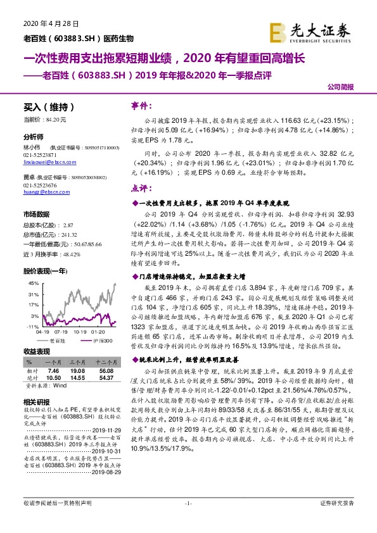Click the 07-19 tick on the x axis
point(61,331)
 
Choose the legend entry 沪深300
point(99,340)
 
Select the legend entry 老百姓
point(63,340)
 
